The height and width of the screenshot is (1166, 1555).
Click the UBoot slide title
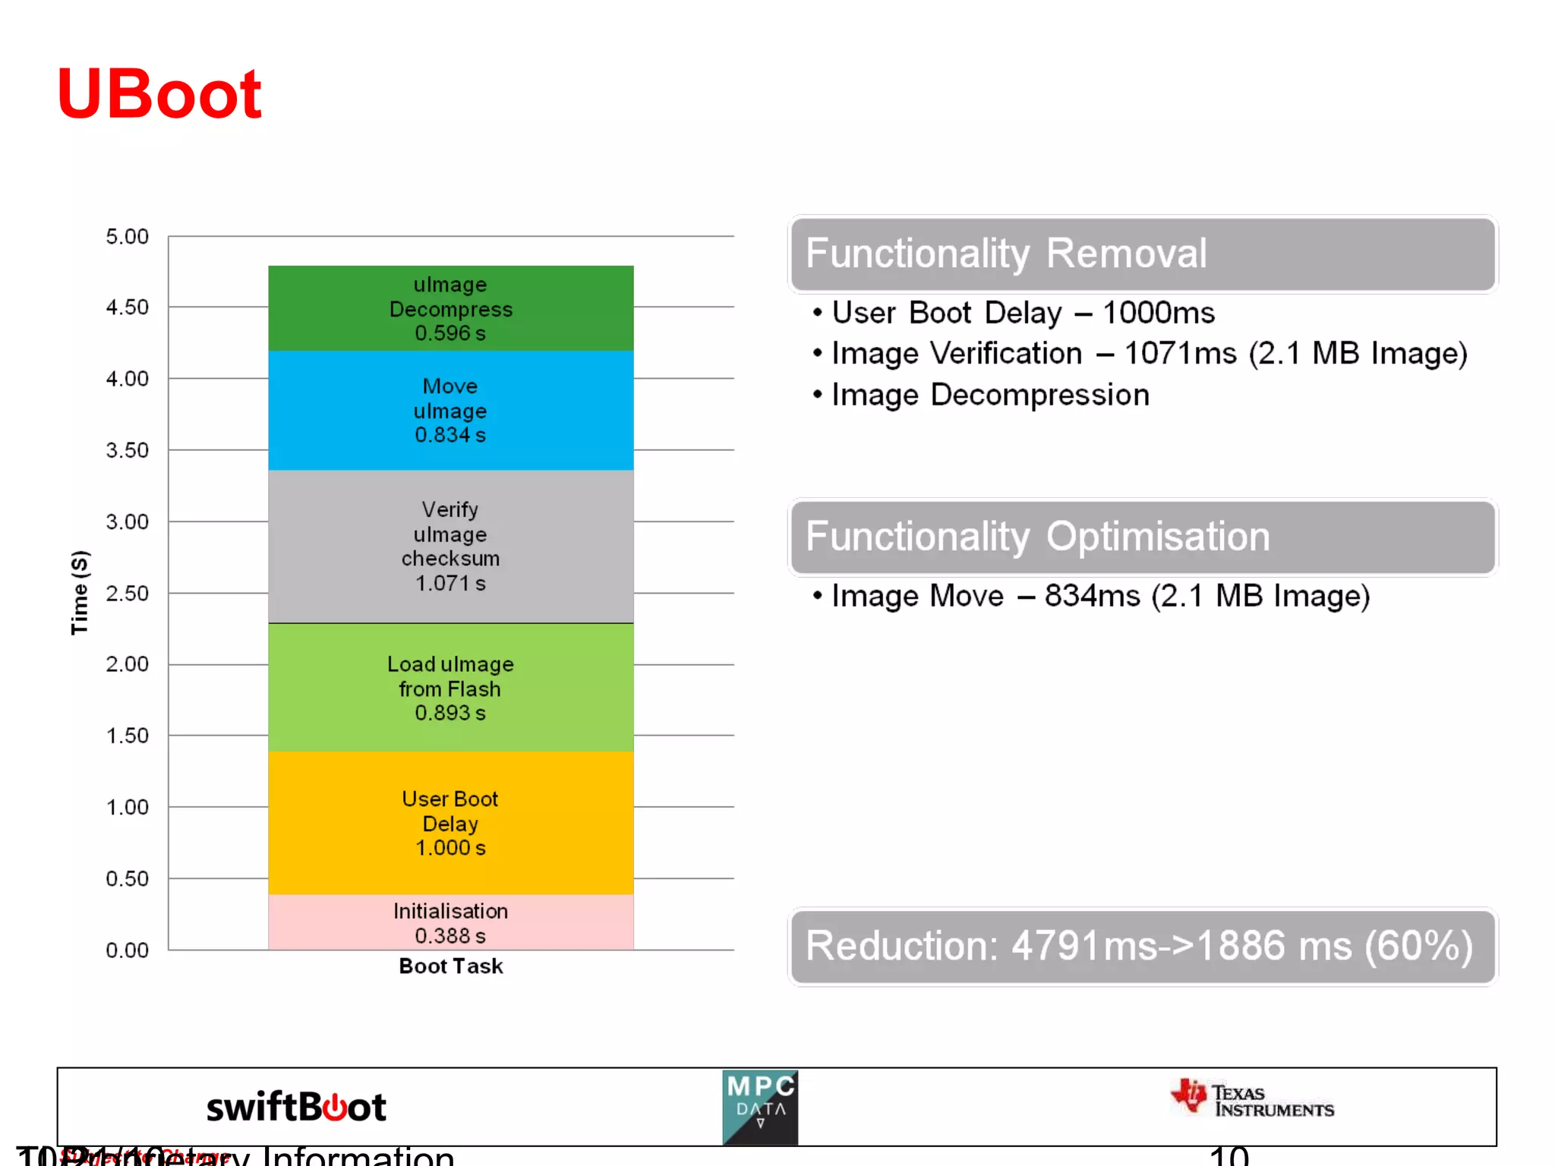pos(159,94)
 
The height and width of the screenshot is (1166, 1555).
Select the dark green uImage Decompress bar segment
pos(450,308)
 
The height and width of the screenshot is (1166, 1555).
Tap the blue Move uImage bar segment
pos(450,410)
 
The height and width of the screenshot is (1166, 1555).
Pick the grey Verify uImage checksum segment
pos(450,546)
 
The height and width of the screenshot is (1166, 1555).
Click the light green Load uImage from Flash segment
pos(450,688)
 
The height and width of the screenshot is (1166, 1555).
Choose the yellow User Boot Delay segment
pos(450,823)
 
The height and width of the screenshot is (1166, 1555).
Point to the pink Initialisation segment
pos(450,922)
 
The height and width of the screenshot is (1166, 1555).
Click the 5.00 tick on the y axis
pos(127,237)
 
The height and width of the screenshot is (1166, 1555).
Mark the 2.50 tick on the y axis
pos(127,594)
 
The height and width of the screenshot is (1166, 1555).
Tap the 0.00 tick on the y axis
pos(127,950)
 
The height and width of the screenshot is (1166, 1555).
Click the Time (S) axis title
pos(80,592)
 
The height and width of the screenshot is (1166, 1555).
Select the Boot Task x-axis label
pos(450,966)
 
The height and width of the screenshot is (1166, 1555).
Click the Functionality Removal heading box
pos(1143,254)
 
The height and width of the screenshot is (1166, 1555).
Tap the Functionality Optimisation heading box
pos(1143,537)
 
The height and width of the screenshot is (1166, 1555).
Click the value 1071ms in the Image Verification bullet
pos(1179,354)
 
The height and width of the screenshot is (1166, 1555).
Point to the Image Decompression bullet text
pos(990,395)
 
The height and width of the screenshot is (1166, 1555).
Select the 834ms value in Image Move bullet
pos(1092,596)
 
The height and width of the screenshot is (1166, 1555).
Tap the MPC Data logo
pos(760,1108)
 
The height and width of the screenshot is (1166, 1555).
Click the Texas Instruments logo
pos(1253,1100)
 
